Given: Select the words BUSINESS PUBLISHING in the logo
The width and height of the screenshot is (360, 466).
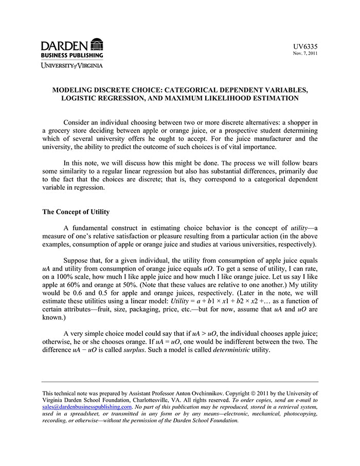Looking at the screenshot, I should tap(72, 55).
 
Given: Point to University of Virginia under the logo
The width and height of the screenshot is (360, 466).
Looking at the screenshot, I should tap(72, 65).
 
